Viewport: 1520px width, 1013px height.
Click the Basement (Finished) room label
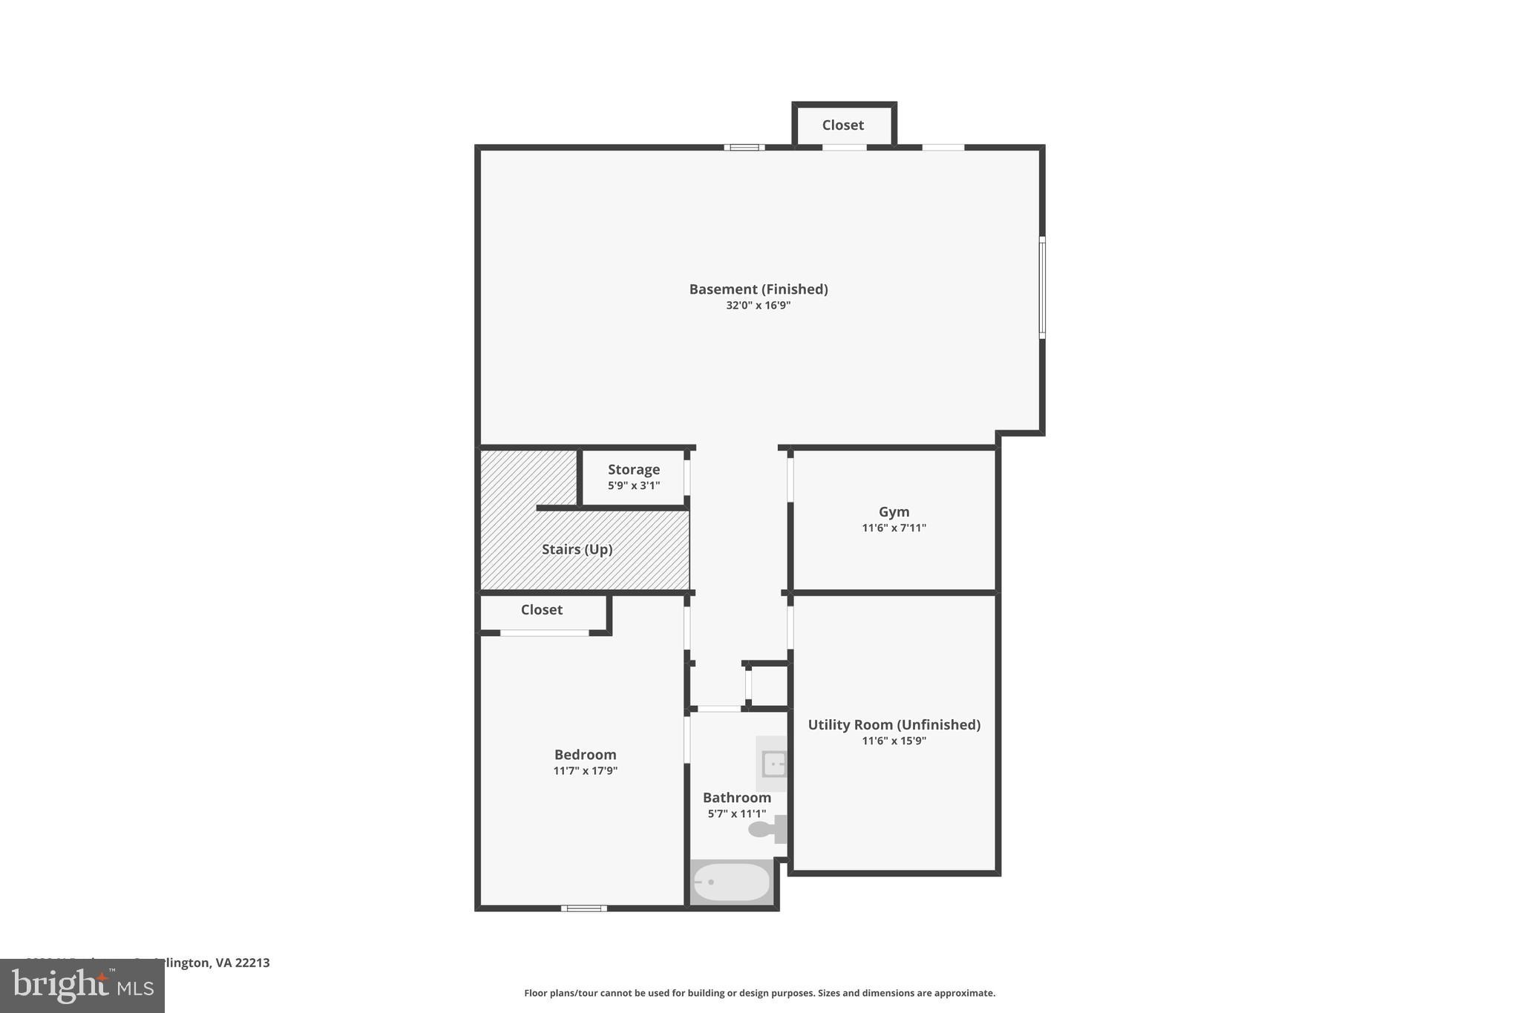click(x=758, y=289)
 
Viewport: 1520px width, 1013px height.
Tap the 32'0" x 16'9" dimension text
click(x=758, y=306)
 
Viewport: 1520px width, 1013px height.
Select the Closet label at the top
click(x=842, y=125)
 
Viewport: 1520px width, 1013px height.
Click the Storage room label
click(x=633, y=470)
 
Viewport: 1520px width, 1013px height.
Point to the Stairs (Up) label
click(x=577, y=550)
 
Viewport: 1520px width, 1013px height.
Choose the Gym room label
click(x=894, y=512)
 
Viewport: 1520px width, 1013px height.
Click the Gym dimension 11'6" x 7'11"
click(x=894, y=528)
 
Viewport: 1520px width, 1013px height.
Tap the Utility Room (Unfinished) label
click(x=894, y=725)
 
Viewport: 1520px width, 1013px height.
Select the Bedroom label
click(x=585, y=755)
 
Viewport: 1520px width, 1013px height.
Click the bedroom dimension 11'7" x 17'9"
click(x=585, y=771)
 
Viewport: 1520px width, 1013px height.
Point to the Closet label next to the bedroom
click(x=541, y=610)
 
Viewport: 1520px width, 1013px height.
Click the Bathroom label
click(x=736, y=798)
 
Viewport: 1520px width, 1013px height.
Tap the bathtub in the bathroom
click(x=731, y=882)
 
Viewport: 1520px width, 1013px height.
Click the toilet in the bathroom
click(x=767, y=829)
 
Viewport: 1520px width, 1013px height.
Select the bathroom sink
click(x=773, y=764)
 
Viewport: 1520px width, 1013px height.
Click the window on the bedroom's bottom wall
click(x=583, y=908)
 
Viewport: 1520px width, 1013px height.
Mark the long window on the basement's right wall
click(x=1042, y=288)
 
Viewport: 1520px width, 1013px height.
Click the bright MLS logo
click(x=82, y=986)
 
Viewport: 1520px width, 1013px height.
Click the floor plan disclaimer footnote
click(x=759, y=993)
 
